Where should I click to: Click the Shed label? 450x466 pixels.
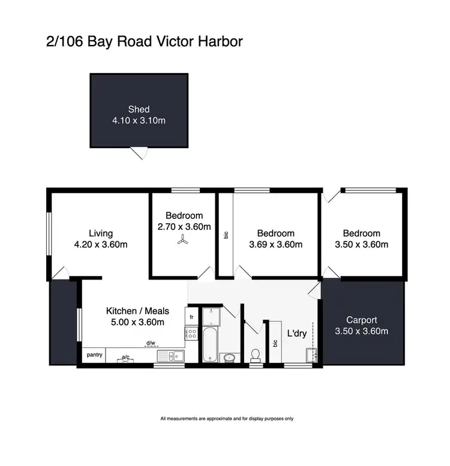139,109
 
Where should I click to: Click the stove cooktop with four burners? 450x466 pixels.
193,333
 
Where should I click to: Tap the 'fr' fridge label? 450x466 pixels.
193,317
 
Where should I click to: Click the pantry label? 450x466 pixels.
95,354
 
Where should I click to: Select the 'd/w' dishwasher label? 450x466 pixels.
151,344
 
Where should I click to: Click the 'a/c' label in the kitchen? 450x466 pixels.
126,356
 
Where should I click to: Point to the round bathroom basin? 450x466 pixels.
229,357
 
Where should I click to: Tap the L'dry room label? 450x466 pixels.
298,333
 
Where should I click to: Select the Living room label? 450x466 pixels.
101,233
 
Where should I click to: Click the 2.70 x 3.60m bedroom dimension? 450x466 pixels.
184,227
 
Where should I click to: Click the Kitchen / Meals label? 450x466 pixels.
137,311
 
